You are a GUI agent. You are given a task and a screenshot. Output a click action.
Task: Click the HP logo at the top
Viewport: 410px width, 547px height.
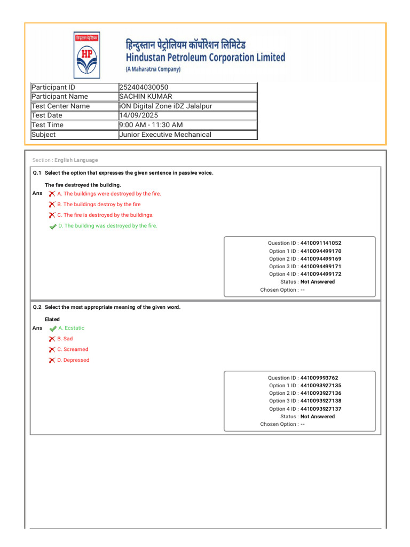coord(86,56)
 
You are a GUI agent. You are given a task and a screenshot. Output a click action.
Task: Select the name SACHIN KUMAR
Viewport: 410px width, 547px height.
coord(146,97)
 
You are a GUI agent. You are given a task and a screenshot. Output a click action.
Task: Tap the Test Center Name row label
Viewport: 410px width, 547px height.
coord(61,106)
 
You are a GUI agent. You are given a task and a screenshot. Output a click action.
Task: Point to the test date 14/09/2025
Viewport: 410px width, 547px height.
coord(139,115)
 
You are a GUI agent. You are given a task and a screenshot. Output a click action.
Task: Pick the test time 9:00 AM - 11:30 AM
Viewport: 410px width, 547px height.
coord(151,125)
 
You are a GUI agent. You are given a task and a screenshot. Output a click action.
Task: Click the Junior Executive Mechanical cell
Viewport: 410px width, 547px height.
coord(165,135)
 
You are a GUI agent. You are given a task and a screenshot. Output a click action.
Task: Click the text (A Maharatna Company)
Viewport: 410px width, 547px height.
coord(153,69)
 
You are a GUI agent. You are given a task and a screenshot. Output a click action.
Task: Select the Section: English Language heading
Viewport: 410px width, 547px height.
coord(65,160)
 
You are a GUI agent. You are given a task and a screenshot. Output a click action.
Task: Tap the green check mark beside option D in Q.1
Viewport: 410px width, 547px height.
coord(52,226)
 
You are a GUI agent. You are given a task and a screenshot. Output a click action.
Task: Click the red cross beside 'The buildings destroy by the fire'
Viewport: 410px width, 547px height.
coord(52,205)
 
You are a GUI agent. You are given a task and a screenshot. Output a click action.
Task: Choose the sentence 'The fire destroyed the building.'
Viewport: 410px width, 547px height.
coord(83,185)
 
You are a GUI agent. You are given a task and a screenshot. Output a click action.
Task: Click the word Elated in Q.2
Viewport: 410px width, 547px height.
coord(52,319)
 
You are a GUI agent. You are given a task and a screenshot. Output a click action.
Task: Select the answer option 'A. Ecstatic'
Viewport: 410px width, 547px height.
coord(71,328)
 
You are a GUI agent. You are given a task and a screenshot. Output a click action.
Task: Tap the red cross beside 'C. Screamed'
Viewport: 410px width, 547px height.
coord(52,349)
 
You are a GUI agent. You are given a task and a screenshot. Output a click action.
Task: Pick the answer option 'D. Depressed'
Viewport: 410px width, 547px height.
coord(73,360)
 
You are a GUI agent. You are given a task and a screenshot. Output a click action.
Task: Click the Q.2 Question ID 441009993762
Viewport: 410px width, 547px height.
coord(319,378)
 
